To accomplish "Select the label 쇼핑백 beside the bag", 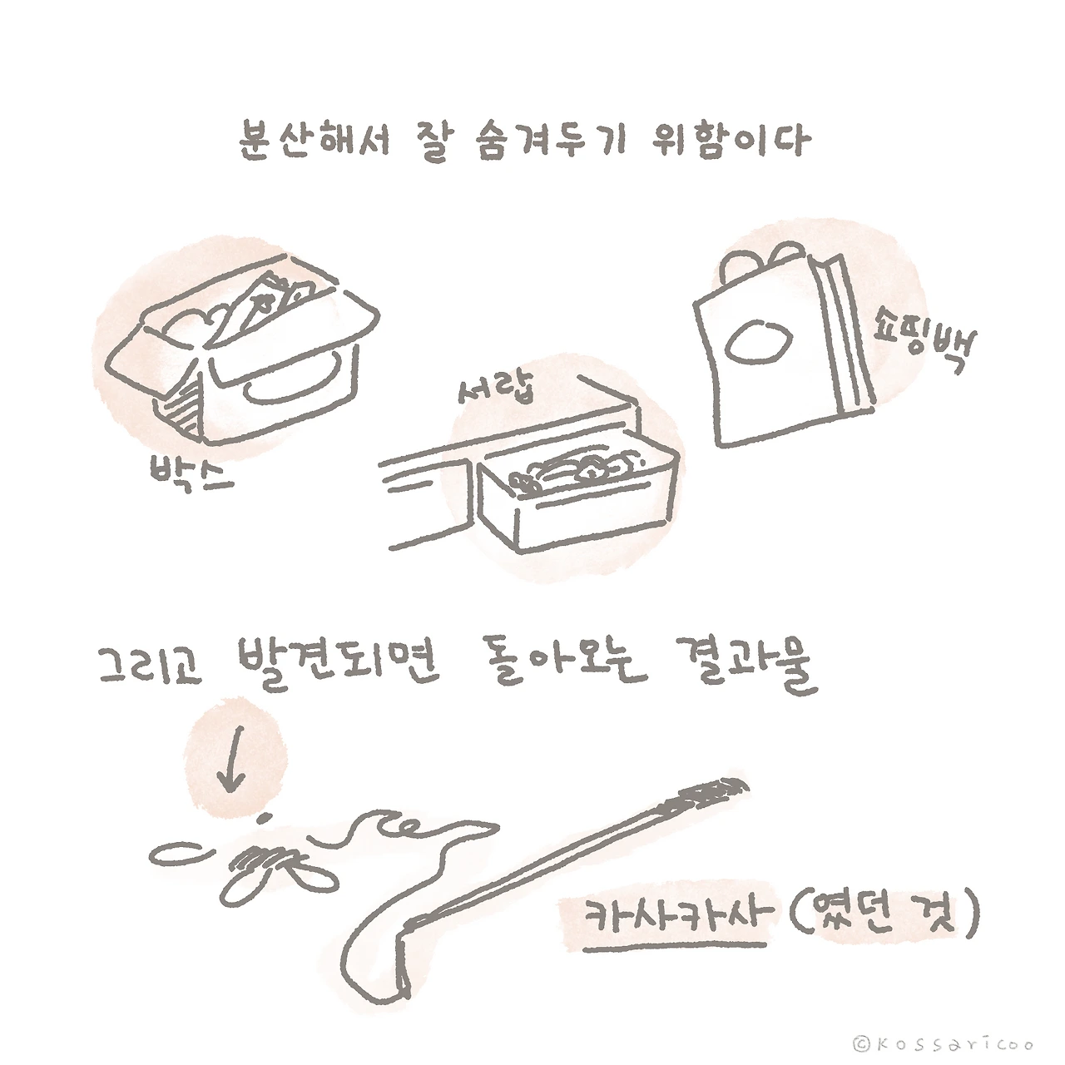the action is pos(925,341).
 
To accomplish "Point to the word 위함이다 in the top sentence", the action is pos(731,140).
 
